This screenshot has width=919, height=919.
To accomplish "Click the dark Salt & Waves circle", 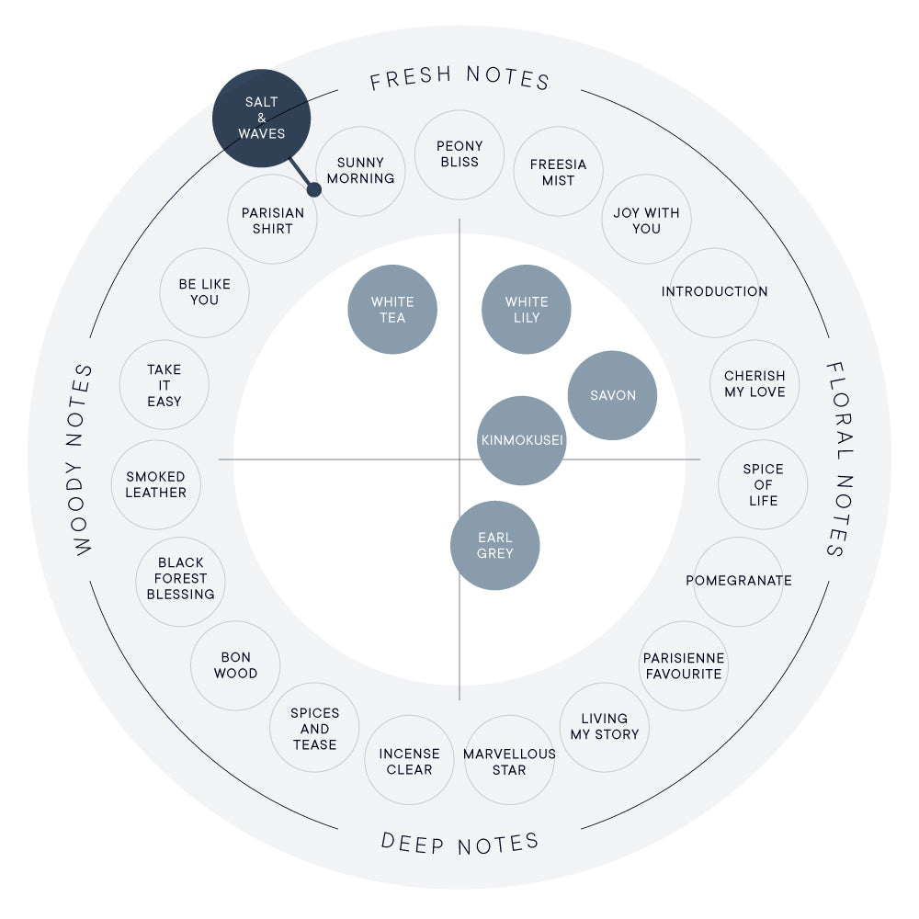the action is coord(261,119).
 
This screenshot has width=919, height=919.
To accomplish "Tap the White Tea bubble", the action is coord(392,310).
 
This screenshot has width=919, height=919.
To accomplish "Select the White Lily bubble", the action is coord(527,310).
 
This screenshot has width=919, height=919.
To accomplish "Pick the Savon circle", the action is coord(612,395).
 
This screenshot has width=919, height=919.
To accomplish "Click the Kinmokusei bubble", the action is coord(522,440).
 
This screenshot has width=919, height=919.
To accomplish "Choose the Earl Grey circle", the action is coord(494,545).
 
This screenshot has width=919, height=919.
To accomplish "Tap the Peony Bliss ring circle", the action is coord(459,154).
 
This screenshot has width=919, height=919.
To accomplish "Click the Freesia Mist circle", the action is coord(558,171).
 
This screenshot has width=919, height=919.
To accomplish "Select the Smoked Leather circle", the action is coord(156,484).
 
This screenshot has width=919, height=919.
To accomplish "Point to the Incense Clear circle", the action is coord(409,760).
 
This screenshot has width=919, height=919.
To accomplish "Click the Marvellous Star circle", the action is coord(509,760).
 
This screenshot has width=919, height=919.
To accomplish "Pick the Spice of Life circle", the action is coord(763,484).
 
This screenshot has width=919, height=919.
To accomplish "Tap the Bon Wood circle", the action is coord(235,665).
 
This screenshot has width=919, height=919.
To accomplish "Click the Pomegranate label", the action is coord(739,580).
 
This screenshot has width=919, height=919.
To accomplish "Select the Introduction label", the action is coord(714,291).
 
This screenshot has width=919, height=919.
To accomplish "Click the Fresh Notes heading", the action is coord(459,78).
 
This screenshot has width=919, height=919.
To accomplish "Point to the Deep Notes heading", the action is coord(459,844).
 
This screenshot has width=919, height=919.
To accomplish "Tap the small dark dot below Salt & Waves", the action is coord(314,189).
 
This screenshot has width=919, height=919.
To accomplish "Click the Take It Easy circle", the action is coord(165,385).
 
